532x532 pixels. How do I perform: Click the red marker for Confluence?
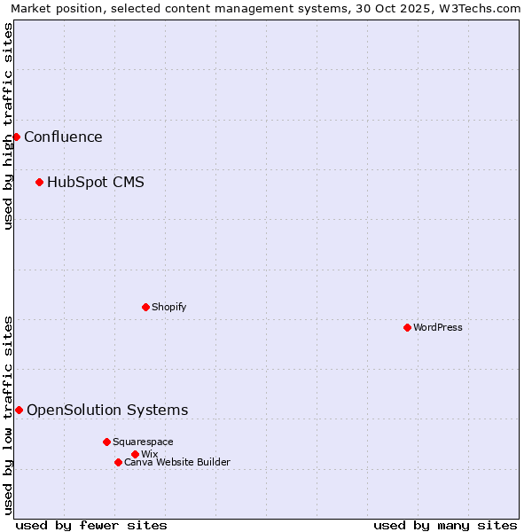16,137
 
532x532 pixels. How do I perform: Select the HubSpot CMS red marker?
39,183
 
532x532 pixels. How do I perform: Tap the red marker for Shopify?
145,307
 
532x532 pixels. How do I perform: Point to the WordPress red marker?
407,327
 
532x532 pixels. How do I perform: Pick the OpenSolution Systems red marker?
19,410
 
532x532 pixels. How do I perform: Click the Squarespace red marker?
106,442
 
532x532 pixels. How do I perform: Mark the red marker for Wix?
135,454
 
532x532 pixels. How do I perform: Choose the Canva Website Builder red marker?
118,462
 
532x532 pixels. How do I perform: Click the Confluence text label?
63,137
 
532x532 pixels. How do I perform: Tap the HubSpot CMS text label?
96,183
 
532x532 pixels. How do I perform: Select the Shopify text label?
168,307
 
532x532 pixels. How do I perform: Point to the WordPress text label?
438,327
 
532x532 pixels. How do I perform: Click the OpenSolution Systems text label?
107,410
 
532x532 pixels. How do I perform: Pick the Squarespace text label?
143,442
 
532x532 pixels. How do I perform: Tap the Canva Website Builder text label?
177,462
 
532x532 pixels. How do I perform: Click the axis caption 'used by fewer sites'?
91,525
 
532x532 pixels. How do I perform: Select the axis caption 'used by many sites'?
445,525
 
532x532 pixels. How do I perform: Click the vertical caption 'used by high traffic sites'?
8,126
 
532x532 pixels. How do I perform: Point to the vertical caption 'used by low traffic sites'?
8,415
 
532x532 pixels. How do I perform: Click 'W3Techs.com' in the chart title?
480,8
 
